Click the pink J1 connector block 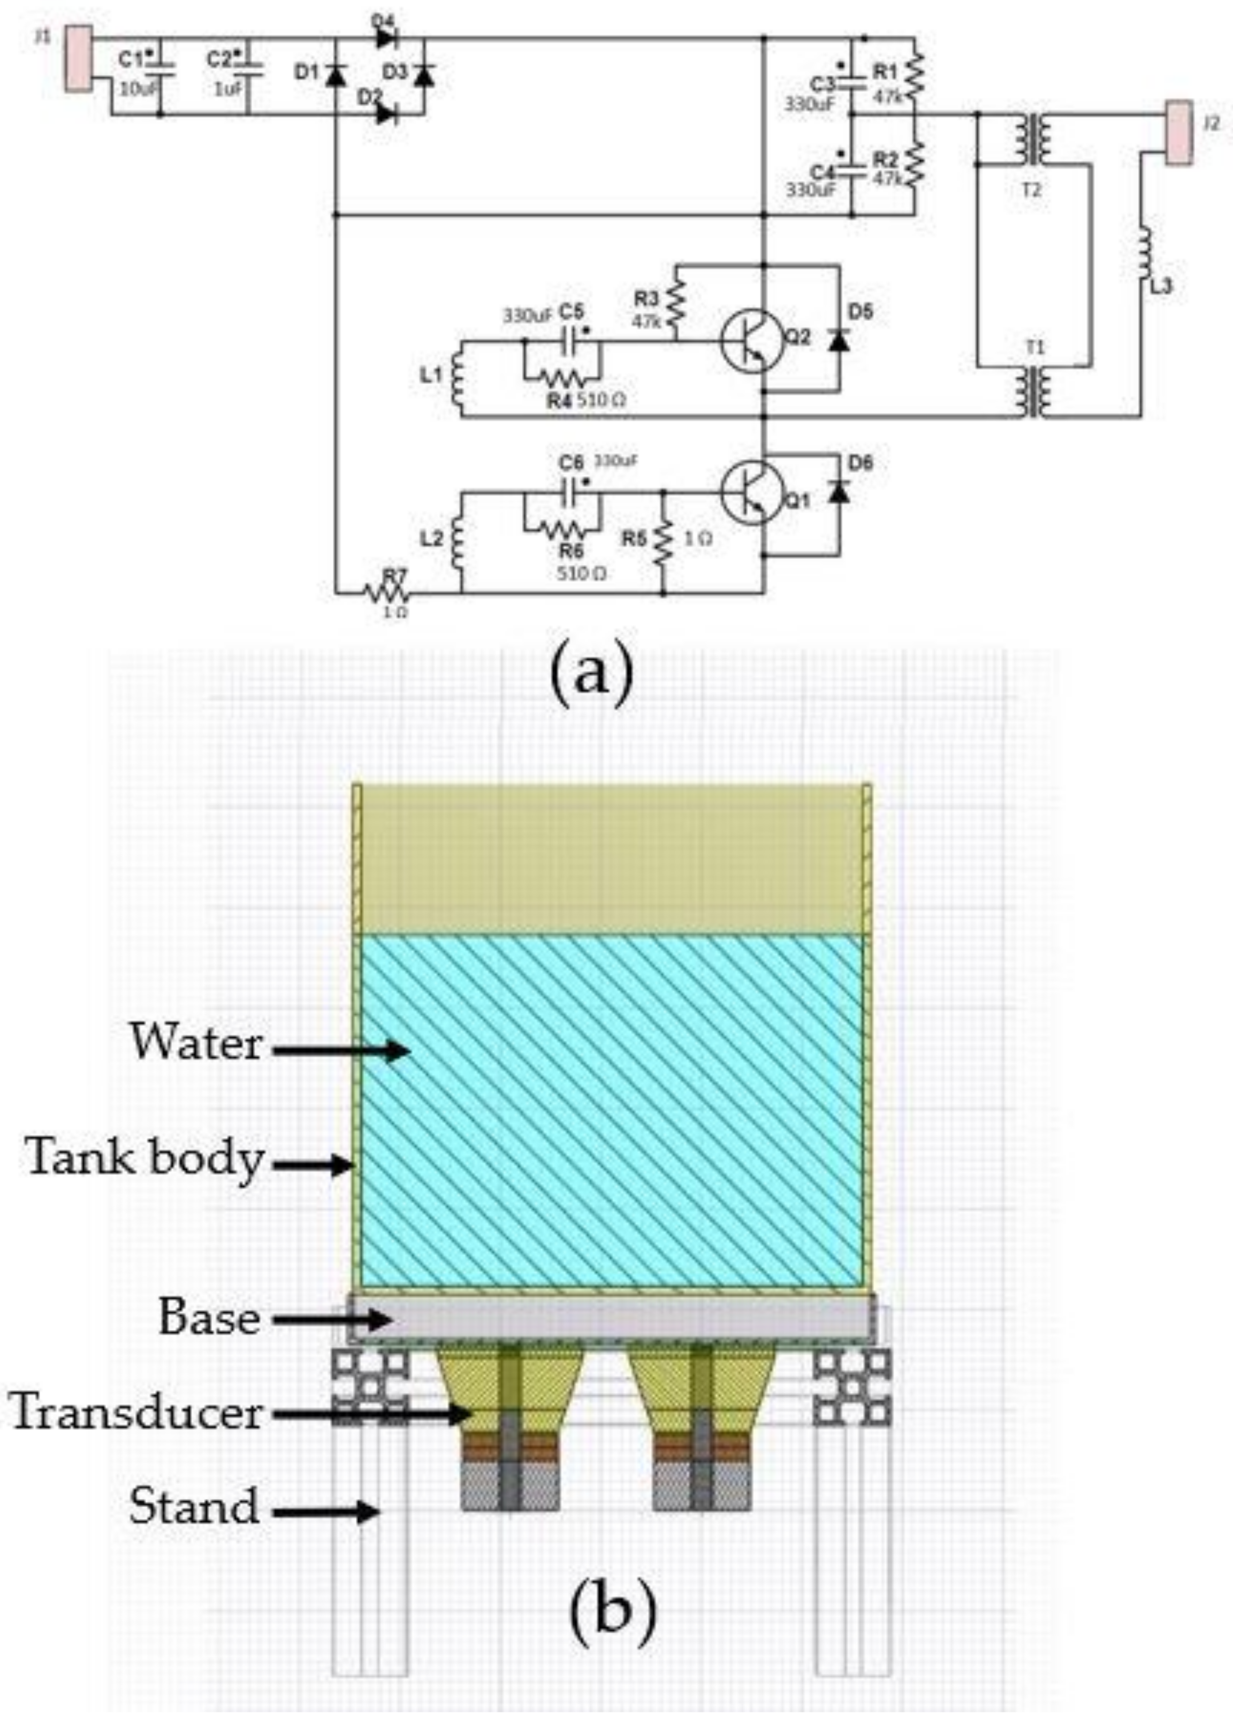click(78, 58)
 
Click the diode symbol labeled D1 click(335, 74)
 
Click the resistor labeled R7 click(387, 593)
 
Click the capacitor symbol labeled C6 click(572, 493)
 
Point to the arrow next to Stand click(326, 1511)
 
